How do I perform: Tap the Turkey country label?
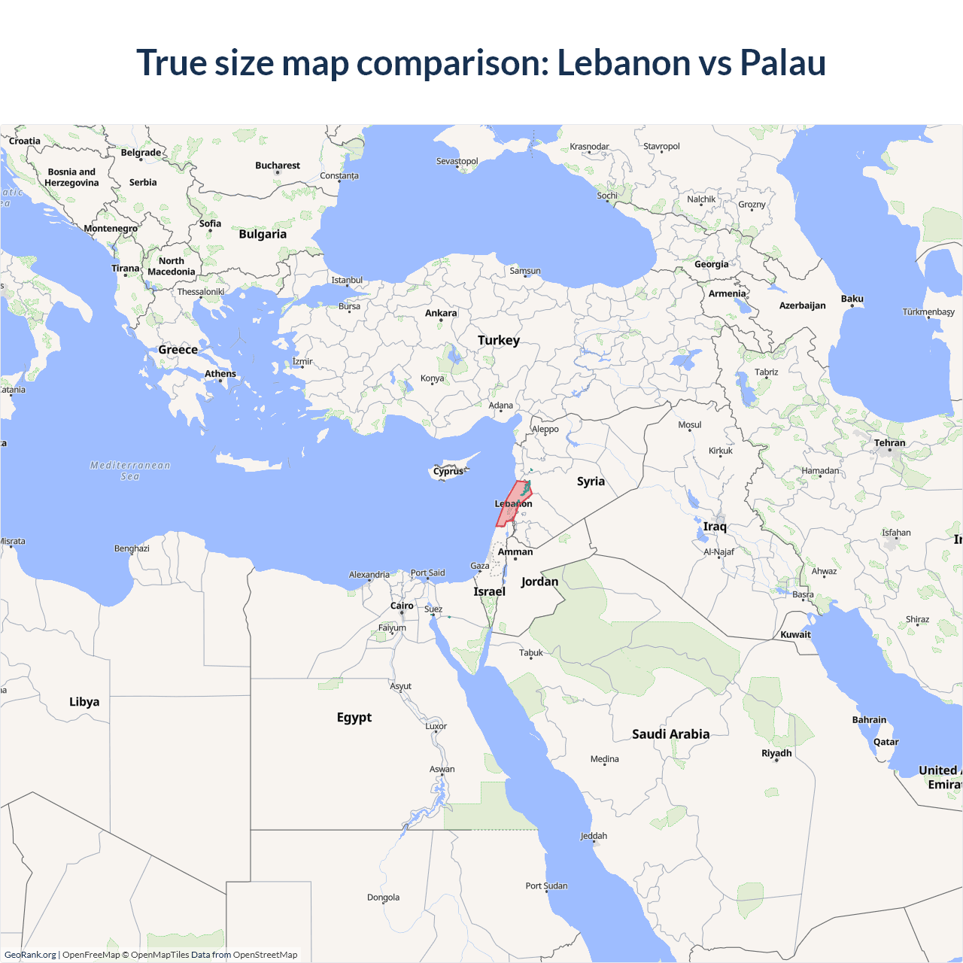pos(499,340)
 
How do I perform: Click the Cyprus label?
pos(448,472)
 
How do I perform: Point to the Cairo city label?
pos(402,606)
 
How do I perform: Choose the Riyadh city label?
pos(776,753)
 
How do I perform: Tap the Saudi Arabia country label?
pos(670,734)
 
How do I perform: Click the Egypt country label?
pos(354,718)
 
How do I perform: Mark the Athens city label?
pos(220,374)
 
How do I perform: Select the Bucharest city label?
pos(278,166)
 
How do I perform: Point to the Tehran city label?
pos(890,443)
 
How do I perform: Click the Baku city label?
pos(852,299)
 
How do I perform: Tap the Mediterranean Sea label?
pos(130,471)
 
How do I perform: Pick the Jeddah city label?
pos(594,836)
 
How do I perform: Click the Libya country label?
pos(84,702)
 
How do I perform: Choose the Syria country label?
pos(591,481)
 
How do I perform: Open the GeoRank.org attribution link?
pos(30,955)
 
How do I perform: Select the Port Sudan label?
pos(546,886)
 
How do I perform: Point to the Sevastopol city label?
pos(457,162)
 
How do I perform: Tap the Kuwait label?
pos(795,635)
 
